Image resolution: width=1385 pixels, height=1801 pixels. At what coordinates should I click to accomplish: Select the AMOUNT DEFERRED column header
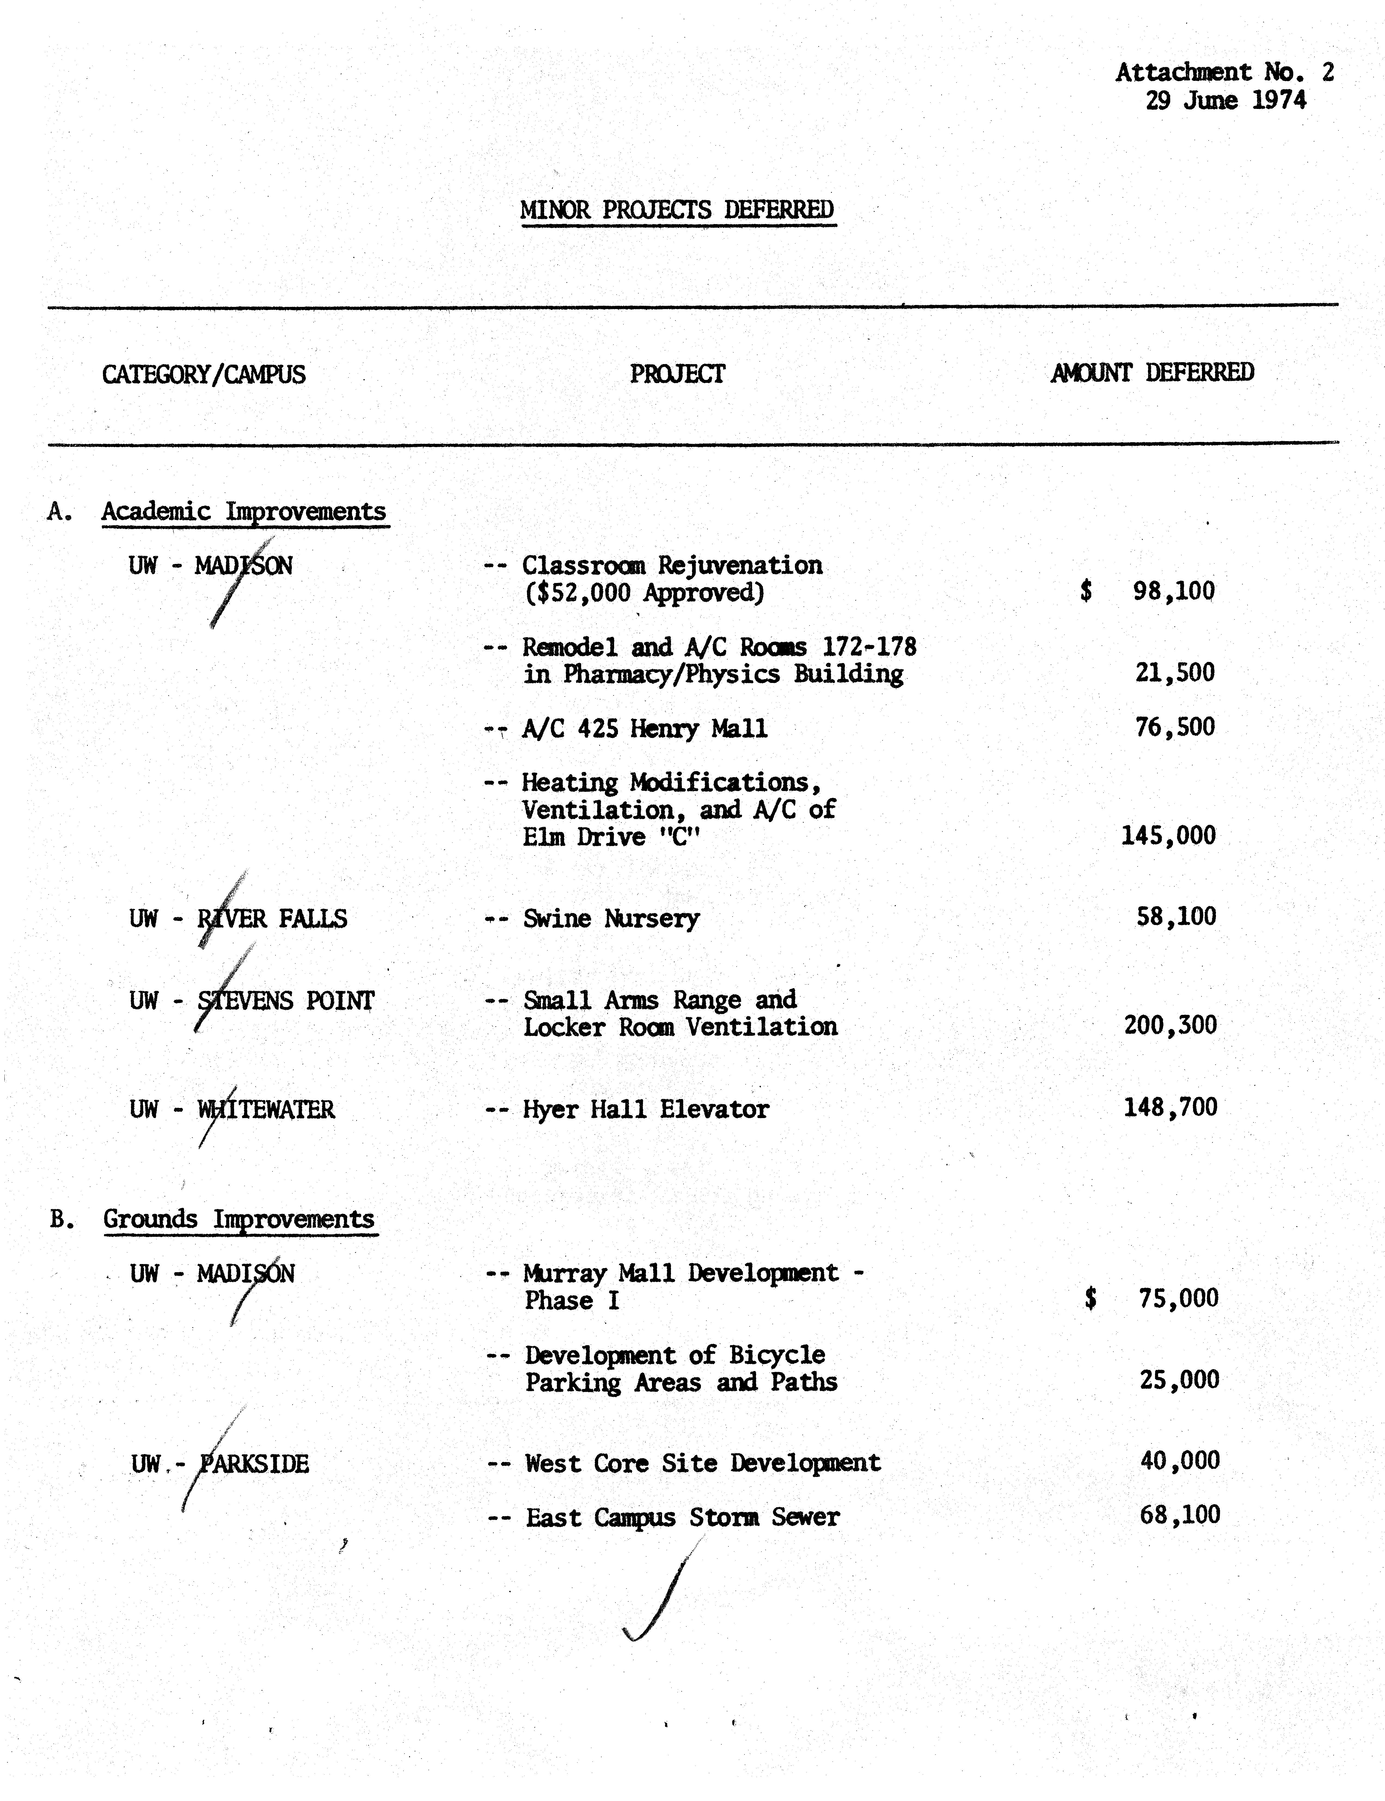tap(1152, 373)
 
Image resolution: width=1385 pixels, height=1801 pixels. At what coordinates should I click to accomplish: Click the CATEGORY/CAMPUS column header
tap(204, 374)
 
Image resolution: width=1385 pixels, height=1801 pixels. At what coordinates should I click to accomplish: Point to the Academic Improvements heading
tap(244, 511)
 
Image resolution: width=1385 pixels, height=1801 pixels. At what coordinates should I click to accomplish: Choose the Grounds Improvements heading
tap(239, 1219)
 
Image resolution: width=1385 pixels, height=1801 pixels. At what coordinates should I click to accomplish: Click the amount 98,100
tap(1173, 590)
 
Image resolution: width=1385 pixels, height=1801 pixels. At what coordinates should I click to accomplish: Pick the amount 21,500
tap(1175, 672)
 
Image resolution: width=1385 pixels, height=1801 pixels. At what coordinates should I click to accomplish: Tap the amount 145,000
tap(1168, 835)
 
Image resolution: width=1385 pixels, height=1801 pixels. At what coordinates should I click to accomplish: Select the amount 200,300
tap(1170, 1025)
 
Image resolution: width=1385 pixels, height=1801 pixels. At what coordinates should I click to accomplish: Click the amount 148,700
tap(1170, 1107)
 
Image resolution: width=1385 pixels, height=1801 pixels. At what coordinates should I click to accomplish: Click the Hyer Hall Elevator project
tap(645, 1109)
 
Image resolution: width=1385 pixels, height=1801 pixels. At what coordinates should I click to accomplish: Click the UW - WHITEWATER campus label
tap(232, 1109)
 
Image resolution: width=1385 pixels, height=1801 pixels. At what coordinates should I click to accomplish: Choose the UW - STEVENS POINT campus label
tap(252, 1000)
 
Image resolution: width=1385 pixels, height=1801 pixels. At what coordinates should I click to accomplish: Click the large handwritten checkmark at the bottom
tap(660, 1592)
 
